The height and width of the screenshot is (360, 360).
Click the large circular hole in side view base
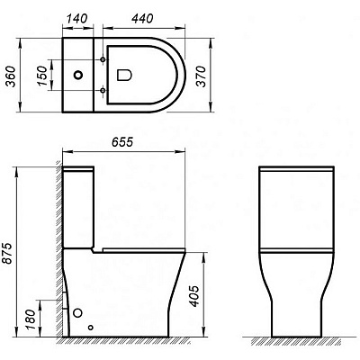pyautogui.click(x=79, y=314)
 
